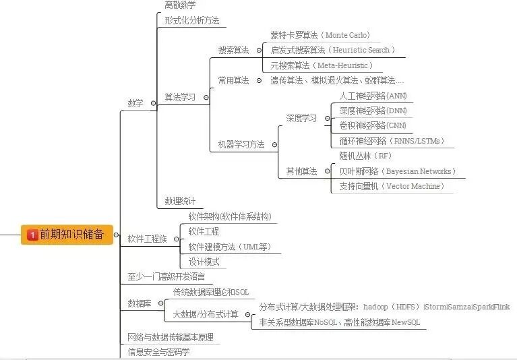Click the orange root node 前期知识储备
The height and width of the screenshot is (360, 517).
click(x=67, y=235)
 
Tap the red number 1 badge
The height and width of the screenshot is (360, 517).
click(x=32, y=235)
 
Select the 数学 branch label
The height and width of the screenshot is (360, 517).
click(x=135, y=103)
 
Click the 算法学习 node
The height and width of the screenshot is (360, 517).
click(x=180, y=97)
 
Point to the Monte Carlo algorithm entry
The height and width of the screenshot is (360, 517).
click(x=320, y=35)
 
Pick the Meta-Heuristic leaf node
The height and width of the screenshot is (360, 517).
click(x=321, y=65)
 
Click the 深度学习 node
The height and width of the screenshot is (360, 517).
click(x=301, y=118)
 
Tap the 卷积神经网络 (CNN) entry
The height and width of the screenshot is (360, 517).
click(x=373, y=125)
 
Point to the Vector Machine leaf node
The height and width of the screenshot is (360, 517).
click(x=392, y=186)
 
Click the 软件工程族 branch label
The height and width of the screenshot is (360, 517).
click(x=147, y=239)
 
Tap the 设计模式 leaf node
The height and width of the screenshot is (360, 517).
click(x=204, y=262)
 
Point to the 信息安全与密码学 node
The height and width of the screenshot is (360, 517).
click(x=159, y=352)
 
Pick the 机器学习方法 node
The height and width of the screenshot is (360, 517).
click(x=241, y=144)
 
